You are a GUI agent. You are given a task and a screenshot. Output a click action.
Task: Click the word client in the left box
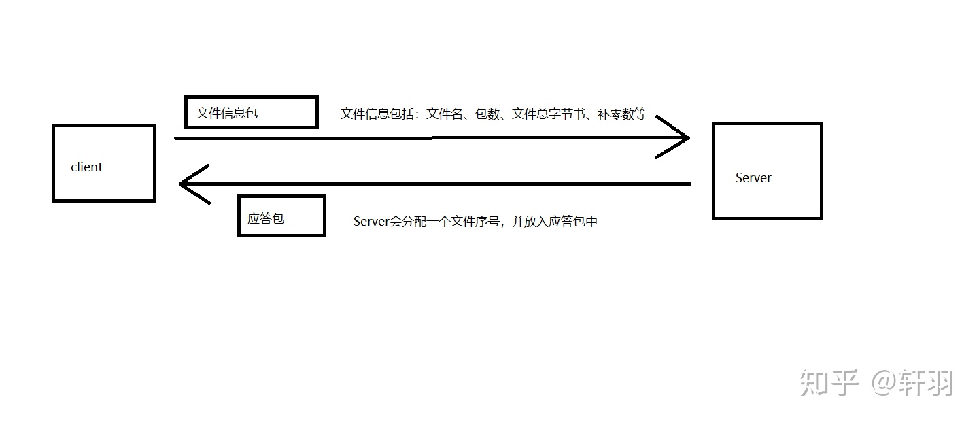[86, 167]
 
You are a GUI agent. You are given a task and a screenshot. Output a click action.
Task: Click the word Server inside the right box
[753, 178]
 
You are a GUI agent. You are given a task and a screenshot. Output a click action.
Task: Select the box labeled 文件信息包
[251, 112]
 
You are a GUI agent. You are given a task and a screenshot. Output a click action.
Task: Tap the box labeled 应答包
[281, 216]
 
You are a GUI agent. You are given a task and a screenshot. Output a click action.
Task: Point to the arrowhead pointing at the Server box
[680, 137]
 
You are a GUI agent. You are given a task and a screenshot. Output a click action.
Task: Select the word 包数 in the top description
[487, 114]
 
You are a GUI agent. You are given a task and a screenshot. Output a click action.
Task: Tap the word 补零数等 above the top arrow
[622, 114]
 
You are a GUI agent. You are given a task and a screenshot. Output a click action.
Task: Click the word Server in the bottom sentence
[371, 222]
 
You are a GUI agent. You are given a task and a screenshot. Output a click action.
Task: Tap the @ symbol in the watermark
[882, 383]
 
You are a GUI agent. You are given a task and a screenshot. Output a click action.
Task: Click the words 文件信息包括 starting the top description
[378, 114]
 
